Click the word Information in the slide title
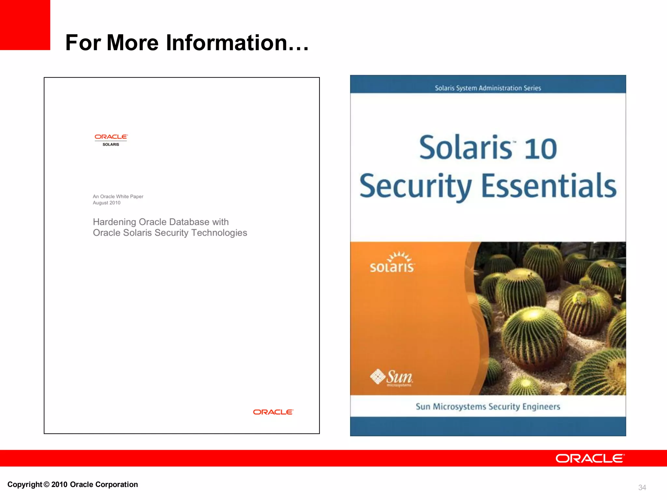click(x=227, y=43)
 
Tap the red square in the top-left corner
click(x=25, y=25)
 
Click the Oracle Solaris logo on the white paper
click(x=111, y=140)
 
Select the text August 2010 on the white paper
click(x=106, y=203)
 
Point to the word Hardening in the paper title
click(x=114, y=222)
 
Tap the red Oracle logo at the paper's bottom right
click(x=273, y=412)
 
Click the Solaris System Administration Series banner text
click(x=488, y=88)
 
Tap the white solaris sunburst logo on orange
click(x=392, y=262)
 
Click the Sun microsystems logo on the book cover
click(x=391, y=378)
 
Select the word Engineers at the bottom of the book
click(x=541, y=407)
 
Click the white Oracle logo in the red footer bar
click(x=590, y=458)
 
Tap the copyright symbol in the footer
click(x=47, y=484)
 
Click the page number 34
click(x=642, y=487)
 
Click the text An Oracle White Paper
click(x=118, y=197)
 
